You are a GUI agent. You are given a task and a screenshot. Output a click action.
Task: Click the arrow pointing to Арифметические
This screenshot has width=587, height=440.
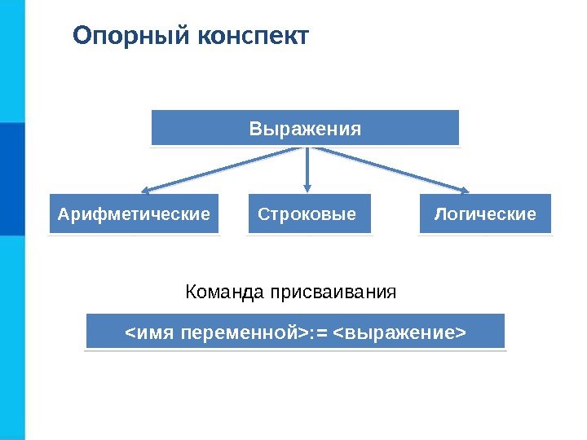click(x=220, y=171)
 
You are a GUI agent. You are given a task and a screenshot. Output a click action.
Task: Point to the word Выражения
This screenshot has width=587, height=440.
click(x=305, y=129)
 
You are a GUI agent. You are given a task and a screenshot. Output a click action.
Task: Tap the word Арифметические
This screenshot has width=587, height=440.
click(x=134, y=214)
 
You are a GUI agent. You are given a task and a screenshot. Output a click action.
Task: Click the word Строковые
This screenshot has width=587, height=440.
click(x=307, y=214)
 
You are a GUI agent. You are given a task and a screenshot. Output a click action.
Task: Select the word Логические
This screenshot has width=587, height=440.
click(x=485, y=214)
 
